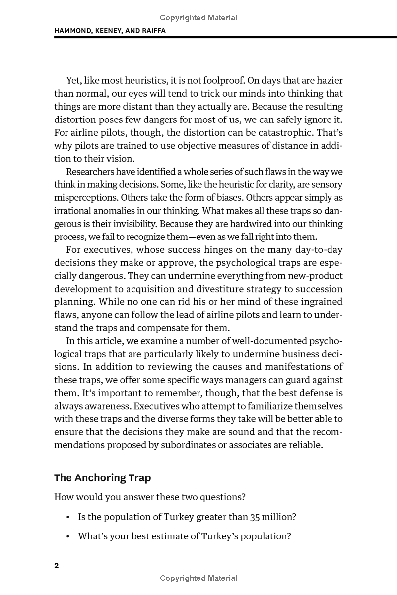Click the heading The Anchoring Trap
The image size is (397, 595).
point(102,478)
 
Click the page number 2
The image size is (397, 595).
point(57,566)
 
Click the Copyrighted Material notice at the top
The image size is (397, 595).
point(198,18)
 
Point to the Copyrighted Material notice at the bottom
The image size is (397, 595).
point(198,578)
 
